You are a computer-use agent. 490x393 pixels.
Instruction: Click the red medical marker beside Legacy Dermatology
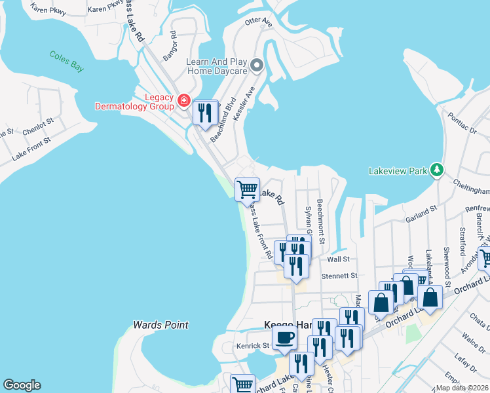[x=184, y=101]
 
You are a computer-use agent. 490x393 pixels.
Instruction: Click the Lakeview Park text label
[x=398, y=171]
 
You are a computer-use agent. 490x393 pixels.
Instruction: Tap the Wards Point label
[x=160, y=325]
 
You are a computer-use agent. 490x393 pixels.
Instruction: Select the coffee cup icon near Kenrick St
[x=284, y=338]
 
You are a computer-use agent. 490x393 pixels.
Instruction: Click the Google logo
[x=22, y=385]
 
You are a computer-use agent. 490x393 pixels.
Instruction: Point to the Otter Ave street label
[x=258, y=22]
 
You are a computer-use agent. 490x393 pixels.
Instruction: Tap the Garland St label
[x=421, y=213]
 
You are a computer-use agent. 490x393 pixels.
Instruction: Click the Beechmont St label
[x=321, y=221]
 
